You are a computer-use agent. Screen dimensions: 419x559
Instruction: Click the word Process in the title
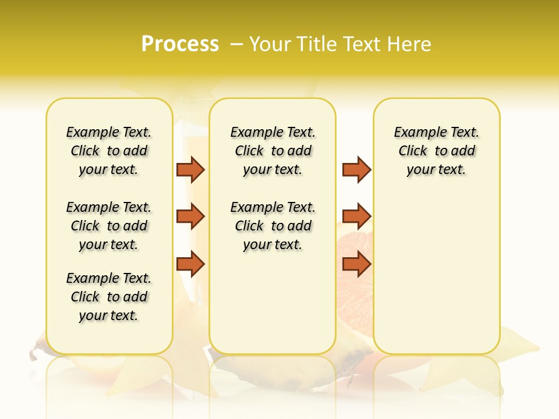(x=180, y=44)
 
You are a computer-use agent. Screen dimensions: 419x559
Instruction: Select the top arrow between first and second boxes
(x=190, y=169)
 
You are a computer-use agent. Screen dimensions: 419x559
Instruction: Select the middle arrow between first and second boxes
(x=190, y=216)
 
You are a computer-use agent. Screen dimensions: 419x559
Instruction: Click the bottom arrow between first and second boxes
(x=190, y=264)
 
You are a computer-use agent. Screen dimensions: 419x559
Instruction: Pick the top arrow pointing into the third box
(x=356, y=169)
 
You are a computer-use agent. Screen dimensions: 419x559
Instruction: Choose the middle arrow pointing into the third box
(x=356, y=216)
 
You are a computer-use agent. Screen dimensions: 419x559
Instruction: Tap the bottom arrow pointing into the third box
(x=356, y=264)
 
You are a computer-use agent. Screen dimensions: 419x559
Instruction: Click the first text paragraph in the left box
(x=109, y=151)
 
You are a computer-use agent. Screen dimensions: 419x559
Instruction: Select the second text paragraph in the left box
(x=109, y=226)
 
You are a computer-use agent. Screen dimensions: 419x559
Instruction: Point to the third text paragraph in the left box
(x=109, y=297)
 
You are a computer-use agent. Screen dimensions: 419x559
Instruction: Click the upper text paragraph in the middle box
(x=273, y=151)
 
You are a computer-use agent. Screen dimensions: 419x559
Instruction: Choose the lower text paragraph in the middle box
(x=273, y=226)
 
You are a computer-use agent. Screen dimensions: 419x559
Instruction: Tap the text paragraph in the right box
(x=437, y=151)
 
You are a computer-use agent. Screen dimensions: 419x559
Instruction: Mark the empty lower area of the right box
(x=437, y=279)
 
